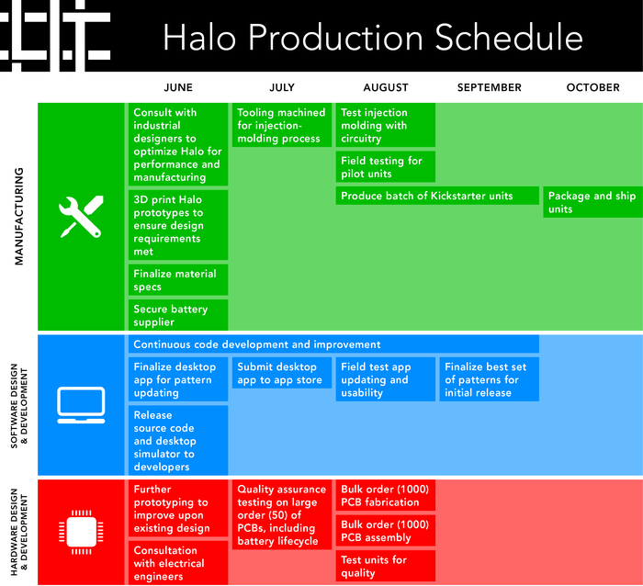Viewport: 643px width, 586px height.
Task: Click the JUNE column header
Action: click(x=178, y=87)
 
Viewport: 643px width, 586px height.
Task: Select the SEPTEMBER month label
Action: click(x=490, y=87)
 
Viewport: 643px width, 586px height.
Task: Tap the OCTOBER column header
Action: click(x=593, y=87)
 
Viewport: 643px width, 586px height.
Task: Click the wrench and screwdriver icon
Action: click(x=81, y=217)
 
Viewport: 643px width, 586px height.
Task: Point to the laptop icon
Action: click(x=81, y=405)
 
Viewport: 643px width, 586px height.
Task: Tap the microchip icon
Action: click(x=81, y=532)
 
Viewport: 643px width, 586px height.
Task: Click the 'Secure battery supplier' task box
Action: click(x=178, y=315)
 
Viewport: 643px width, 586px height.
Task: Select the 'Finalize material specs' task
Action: click(x=178, y=279)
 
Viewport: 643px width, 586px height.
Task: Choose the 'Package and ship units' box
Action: click(x=593, y=202)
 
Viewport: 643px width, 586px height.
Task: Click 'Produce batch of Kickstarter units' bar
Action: click(x=437, y=196)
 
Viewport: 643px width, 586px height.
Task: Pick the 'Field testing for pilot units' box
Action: click(x=386, y=167)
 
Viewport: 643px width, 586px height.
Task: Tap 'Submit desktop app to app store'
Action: click(x=282, y=373)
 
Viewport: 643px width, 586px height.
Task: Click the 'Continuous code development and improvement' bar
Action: click(x=333, y=344)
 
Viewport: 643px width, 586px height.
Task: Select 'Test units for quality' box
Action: click(x=386, y=566)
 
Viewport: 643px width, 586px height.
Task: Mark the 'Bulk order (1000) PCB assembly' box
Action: click(x=386, y=531)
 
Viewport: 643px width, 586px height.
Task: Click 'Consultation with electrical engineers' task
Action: click(x=178, y=563)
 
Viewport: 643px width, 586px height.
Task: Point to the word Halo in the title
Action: click(x=199, y=38)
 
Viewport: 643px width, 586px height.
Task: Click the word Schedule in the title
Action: click(x=509, y=38)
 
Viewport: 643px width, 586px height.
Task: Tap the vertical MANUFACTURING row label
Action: click(x=19, y=216)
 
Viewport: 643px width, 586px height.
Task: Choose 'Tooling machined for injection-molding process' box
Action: click(x=282, y=125)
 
